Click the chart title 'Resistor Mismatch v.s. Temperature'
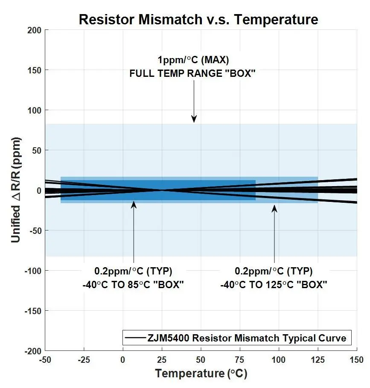(198, 19)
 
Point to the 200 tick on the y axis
(35, 30)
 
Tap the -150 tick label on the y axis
(33, 311)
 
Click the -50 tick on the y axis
(34, 230)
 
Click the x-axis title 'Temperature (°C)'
(201, 374)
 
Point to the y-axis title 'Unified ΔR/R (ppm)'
(16, 190)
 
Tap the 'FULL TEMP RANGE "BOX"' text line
(192, 73)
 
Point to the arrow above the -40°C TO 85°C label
(134, 233)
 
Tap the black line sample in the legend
(134, 338)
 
